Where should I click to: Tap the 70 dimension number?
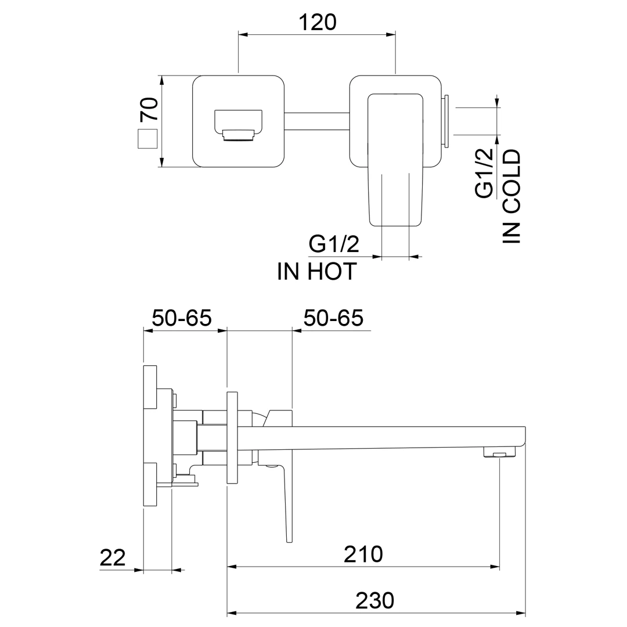pos(149,110)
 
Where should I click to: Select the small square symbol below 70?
pos(147,139)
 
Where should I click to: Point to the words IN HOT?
pos(317,272)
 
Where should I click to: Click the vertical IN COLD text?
pos(512,196)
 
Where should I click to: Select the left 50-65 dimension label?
pos(181,318)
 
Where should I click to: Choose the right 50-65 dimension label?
pos(333,318)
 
